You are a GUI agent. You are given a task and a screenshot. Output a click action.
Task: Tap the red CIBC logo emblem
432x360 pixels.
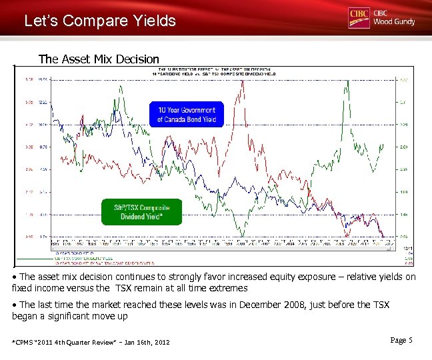click(359, 19)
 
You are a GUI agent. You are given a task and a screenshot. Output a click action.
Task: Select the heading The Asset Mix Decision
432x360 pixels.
click(99, 59)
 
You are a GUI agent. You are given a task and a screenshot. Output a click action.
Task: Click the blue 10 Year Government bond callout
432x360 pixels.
click(186, 115)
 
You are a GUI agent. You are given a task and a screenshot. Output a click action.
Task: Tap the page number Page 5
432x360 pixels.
click(402, 340)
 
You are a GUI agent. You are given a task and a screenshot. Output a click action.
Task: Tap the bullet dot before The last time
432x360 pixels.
click(14, 304)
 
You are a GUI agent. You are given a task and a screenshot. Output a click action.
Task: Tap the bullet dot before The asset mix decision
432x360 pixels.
click(14, 277)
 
